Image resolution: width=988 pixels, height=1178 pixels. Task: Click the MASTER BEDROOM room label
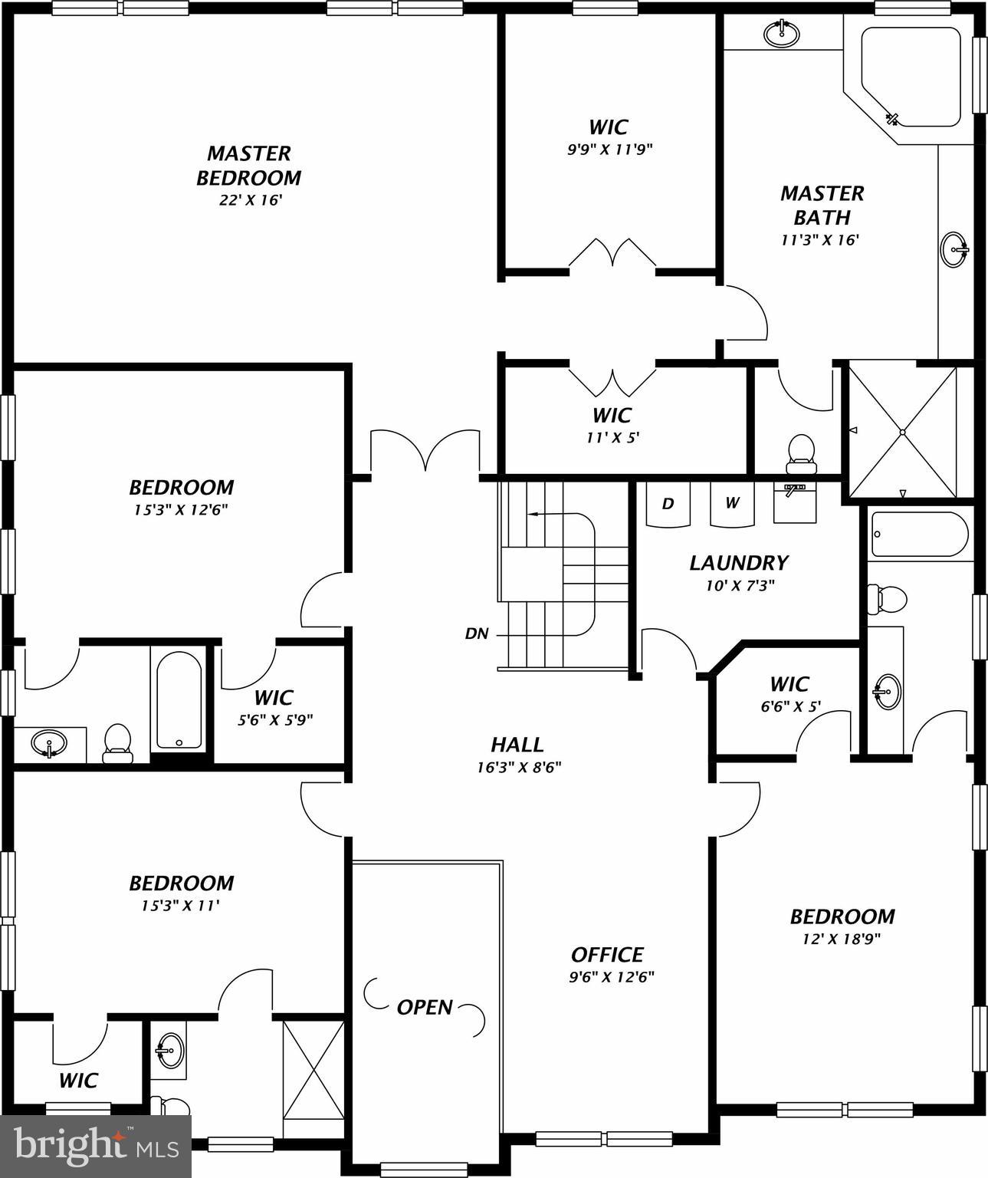click(249, 166)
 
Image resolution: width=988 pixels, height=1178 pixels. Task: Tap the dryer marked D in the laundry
click(668, 504)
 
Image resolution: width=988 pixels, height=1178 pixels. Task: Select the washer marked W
click(732, 503)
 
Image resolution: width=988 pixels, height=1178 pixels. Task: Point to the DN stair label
click(477, 634)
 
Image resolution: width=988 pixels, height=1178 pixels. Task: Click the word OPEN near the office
click(425, 1007)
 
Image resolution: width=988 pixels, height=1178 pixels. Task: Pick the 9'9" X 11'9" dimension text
click(609, 150)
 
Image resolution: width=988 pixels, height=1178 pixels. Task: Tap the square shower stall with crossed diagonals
click(903, 433)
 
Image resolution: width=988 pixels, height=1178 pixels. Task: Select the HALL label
click(517, 745)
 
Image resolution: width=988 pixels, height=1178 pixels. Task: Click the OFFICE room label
click(607, 955)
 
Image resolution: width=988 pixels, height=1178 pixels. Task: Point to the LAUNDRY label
click(738, 563)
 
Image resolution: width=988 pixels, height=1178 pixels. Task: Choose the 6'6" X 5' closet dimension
click(791, 706)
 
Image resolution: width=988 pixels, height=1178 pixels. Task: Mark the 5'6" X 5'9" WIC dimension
click(274, 720)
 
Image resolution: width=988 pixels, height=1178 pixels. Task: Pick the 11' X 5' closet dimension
click(612, 438)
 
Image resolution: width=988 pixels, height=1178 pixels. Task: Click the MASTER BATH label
click(822, 205)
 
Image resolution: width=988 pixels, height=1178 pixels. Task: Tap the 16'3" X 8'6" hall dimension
click(519, 767)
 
